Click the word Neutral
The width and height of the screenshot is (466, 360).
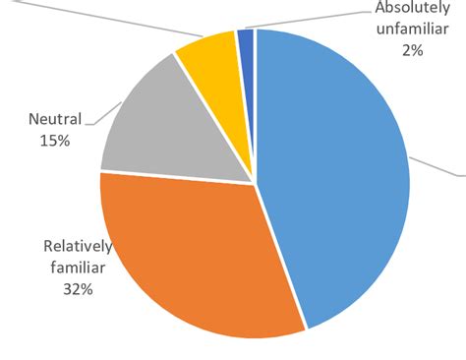pyautogui.click(x=54, y=122)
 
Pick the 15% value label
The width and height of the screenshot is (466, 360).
pyautogui.click(x=54, y=141)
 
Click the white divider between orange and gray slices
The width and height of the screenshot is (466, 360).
pyautogui.click(x=177, y=177)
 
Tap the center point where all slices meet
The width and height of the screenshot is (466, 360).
pyautogui.click(x=255, y=182)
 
